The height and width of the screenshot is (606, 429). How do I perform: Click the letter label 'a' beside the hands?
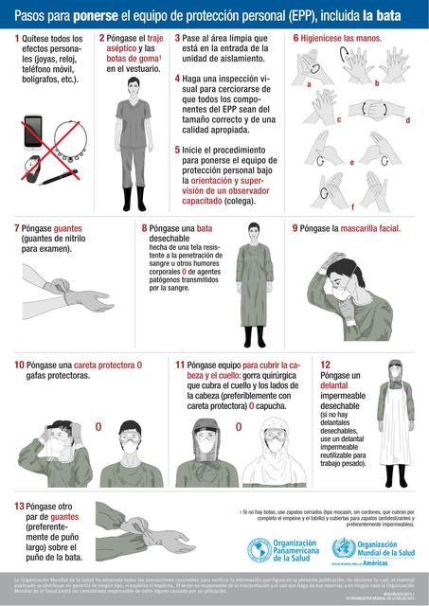[309, 85]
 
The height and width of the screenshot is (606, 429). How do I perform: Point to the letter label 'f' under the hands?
[352, 206]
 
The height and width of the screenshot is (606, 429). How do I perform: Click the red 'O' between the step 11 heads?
[238, 427]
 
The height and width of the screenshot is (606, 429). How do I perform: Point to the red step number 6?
[296, 38]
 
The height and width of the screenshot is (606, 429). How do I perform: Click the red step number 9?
[295, 228]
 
